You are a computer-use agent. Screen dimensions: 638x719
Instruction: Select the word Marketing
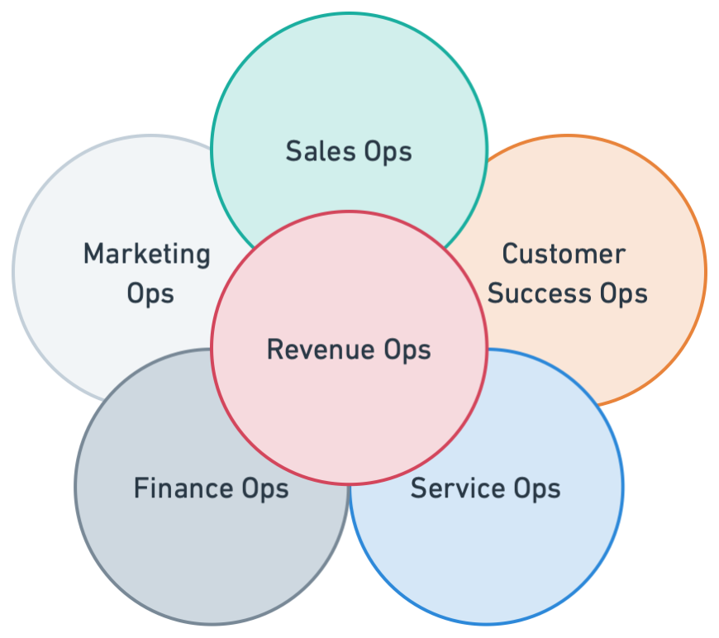coord(146,254)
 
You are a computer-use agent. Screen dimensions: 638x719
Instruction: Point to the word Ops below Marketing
coord(150,294)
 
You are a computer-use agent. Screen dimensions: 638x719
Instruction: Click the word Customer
coord(564,254)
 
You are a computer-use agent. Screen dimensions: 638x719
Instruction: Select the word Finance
coord(183,488)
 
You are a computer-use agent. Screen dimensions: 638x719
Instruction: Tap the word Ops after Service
coord(536,489)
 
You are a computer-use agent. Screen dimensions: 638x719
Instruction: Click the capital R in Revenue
coord(274,349)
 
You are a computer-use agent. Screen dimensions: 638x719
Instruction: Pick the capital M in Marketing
coord(93,254)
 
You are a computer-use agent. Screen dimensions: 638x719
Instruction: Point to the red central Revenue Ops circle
coord(349,413)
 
